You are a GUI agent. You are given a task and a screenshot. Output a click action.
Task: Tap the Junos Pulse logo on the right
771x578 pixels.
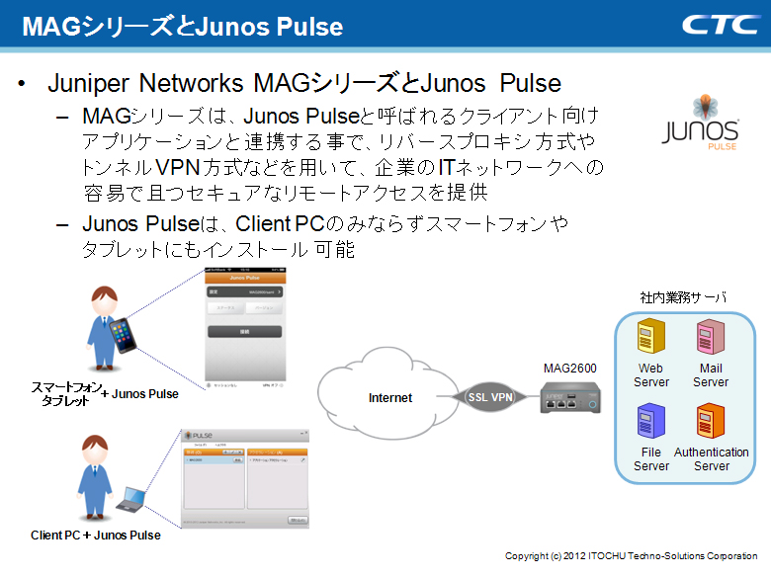click(x=699, y=123)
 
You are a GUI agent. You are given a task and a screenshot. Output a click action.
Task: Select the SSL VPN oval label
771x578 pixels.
click(x=490, y=397)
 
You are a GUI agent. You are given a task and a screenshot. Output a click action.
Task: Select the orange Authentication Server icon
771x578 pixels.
click(x=711, y=424)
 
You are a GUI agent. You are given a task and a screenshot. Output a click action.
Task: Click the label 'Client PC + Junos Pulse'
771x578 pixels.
click(x=95, y=536)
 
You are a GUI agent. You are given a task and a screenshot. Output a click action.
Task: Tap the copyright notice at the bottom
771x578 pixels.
click(x=631, y=556)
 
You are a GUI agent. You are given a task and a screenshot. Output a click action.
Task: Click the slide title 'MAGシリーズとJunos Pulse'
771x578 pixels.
click(x=182, y=26)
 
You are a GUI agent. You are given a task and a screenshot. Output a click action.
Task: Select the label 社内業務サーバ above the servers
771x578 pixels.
click(x=683, y=296)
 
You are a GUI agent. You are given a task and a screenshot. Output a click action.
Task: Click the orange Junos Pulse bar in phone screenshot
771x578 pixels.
click(x=244, y=278)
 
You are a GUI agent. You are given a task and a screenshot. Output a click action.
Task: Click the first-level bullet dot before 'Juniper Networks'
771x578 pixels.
click(x=22, y=84)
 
